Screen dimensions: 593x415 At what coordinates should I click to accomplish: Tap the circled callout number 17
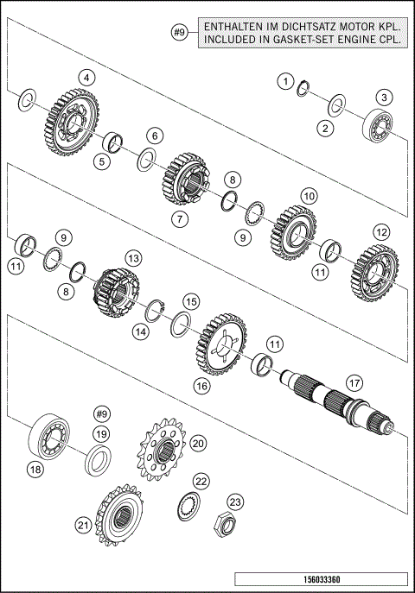coord(352,381)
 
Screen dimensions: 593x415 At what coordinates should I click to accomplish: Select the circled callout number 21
coord(84,524)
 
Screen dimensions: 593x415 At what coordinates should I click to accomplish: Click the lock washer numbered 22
coord(189,507)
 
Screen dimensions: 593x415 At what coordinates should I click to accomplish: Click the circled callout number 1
coord(284,80)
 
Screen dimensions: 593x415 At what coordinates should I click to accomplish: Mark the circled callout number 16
coord(201,387)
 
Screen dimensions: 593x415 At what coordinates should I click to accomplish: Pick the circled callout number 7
coord(179,218)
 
